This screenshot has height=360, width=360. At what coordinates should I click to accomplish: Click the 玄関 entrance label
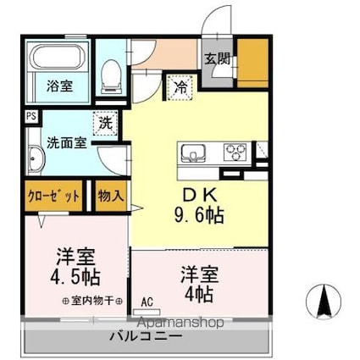pos(216,59)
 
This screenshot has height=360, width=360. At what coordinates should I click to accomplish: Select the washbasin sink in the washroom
pos(36,161)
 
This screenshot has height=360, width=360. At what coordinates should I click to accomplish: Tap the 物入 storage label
pos(110,195)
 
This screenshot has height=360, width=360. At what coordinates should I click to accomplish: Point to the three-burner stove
pos(235,152)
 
